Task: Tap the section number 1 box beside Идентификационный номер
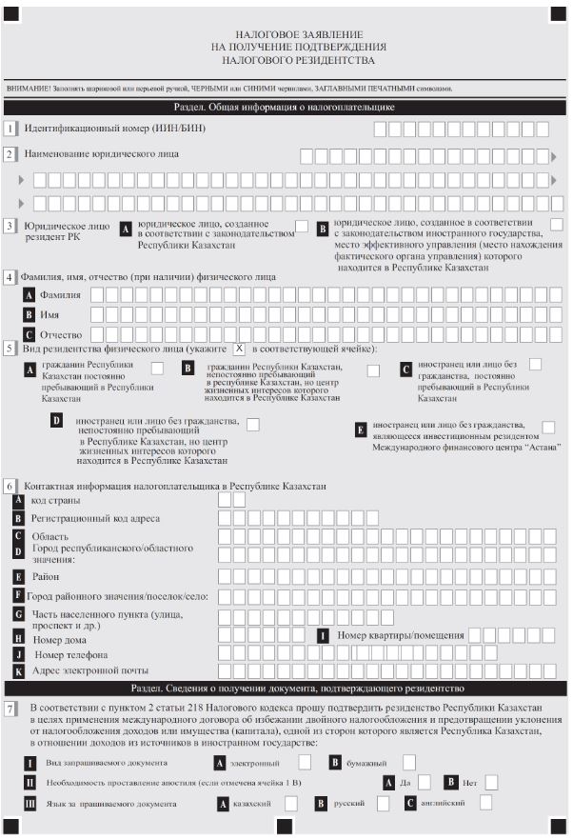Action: (x=10, y=129)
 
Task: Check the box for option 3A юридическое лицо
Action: (x=302, y=226)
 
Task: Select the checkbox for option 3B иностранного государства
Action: (x=557, y=224)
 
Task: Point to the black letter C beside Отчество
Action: (x=30, y=334)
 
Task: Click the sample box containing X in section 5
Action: (x=240, y=349)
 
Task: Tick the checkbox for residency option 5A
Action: (x=158, y=369)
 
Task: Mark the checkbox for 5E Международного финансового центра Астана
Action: (x=548, y=428)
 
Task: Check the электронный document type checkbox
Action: (x=305, y=763)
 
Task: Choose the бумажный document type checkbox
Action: (x=409, y=763)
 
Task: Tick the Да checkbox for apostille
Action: (x=425, y=782)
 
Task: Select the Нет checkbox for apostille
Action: (x=491, y=782)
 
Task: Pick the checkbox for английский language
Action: (x=484, y=804)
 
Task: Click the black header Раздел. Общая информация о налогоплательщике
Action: (x=284, y=108)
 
